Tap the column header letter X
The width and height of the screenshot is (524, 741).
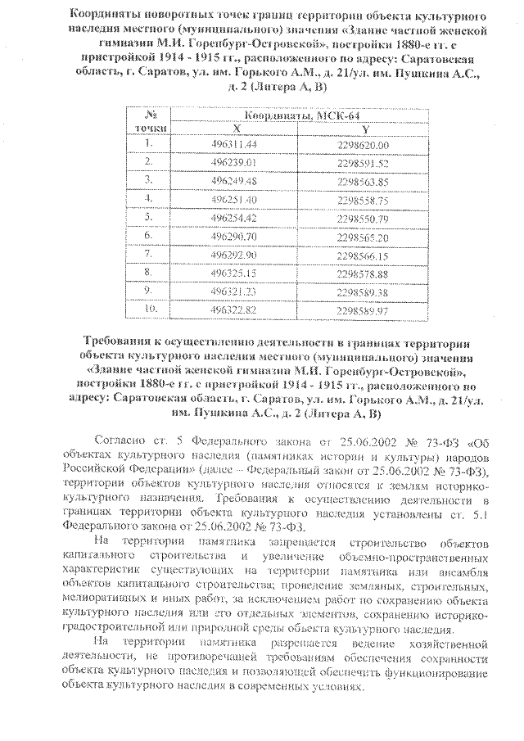(236, 129)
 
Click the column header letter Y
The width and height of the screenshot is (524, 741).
(365, 129)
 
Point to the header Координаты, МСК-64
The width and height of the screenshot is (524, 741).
(301, 115)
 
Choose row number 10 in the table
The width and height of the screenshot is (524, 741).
(149, 309)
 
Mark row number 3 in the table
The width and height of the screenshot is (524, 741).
(149, 180)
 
